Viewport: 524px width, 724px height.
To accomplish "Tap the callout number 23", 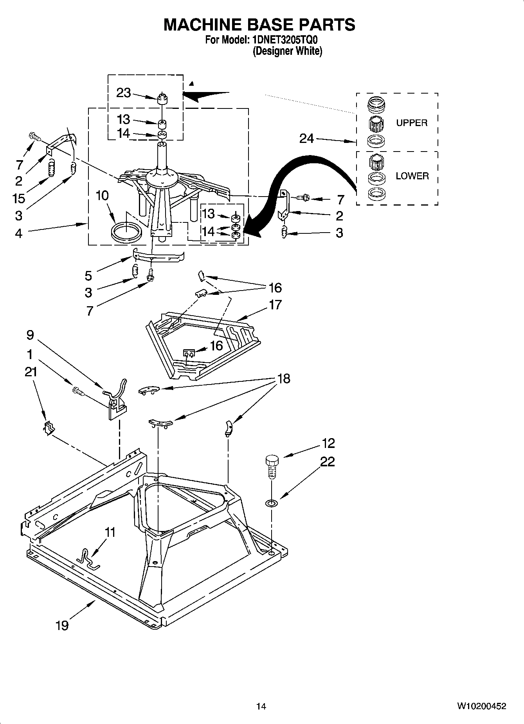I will click(124, 93).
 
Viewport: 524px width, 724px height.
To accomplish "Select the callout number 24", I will click(306, 138).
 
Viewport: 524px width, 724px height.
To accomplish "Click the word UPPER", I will click(412, 123).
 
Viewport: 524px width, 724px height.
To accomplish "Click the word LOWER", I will click(412, 176).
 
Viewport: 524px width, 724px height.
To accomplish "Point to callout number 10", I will click(102, 195).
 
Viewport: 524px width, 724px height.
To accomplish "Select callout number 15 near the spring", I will click(19, 198).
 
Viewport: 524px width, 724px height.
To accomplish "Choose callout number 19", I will click(62, 625).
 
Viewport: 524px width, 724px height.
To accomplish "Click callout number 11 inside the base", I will click(110, 532).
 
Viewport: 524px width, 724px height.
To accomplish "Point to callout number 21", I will click(31, 372).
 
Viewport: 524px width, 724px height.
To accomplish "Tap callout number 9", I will click(30, 335).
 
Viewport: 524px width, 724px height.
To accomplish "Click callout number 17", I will click(275, 305).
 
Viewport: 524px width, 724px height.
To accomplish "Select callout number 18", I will click(284, 379).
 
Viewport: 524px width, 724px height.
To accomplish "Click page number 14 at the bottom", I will click(261, 706).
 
